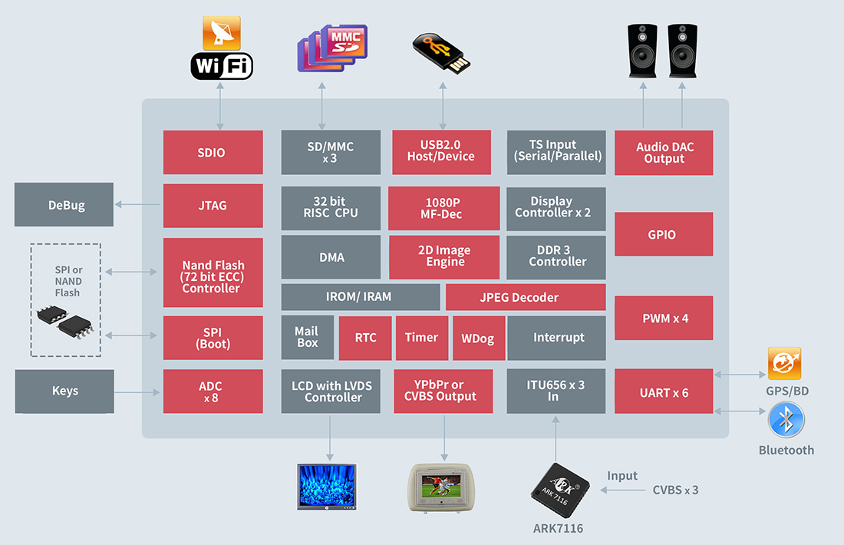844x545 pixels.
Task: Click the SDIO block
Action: pos(213,153)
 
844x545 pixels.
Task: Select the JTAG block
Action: pos(213,206)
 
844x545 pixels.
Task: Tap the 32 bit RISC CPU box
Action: pos(330,207)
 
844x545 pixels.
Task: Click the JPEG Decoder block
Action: pos(526,297)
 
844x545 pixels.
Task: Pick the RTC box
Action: pos(365,338)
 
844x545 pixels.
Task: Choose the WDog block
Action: pos(478,338)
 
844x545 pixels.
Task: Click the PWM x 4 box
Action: pos(664,318)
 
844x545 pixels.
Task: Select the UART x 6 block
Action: pos(664,392)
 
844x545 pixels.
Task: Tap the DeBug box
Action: pos(64,205)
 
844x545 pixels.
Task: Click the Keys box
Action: pos(64,391)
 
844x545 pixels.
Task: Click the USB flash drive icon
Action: pos(441,52)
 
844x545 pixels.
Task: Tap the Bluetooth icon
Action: pos(786,420)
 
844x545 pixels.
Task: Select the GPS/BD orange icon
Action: pos(784,364)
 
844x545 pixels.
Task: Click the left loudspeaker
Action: pos(642,51)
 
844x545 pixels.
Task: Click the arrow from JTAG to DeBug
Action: pos(138,205)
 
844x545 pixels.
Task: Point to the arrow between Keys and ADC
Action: pos(138,392)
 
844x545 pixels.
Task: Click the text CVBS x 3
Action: pos(675,490)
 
